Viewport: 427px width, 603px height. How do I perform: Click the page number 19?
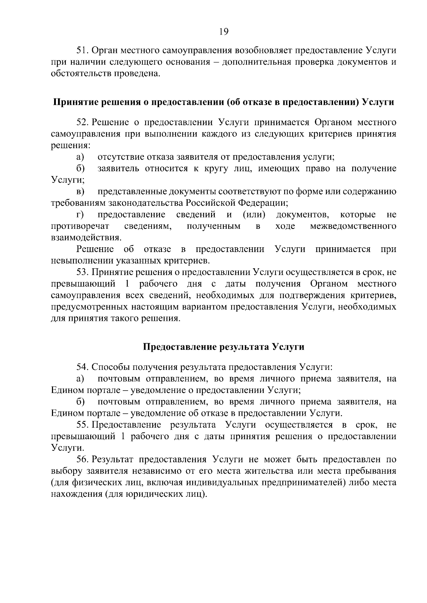pyautogui.click(x=224, y=32)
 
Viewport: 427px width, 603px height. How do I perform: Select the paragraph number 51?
pyautogui.click(x=83, y=50)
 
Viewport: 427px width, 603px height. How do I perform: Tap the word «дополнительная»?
pyautogui.click(x=256, y=62)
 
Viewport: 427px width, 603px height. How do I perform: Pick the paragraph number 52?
pyautogui.click(x=83, y=123)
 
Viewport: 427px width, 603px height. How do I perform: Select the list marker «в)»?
pyautogui.click(x=80, y=192)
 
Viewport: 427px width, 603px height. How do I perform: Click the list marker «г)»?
pyautogui.click(x=80, y=215)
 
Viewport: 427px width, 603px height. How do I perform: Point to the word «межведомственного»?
pyautogui.click(x=353, y=226)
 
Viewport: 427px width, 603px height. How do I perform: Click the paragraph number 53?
pyautogui.click(x=83, y=273)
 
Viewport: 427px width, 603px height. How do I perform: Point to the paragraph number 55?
pyautogui.click(x=83, y=425)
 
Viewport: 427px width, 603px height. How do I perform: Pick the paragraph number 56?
pyautogui.click(x=83, y=459)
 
